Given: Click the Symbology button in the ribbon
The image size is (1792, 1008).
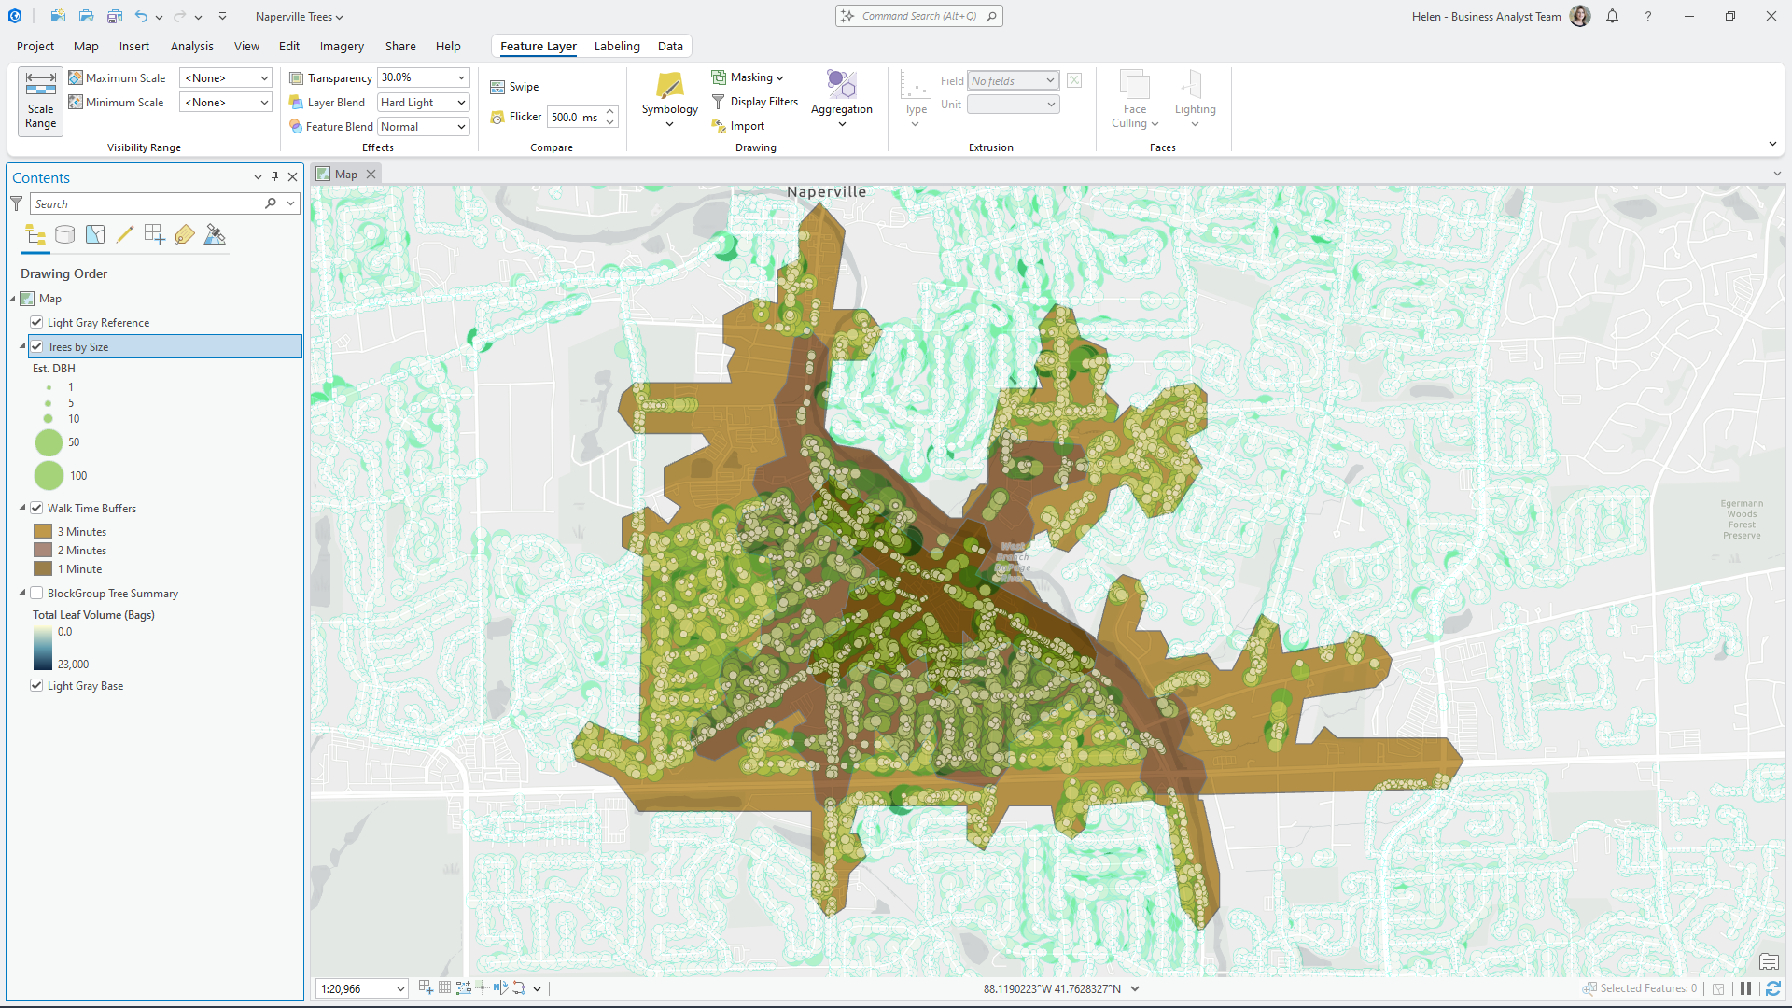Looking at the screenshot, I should [x=669, y=96].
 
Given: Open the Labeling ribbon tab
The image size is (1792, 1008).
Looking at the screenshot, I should [x=617, y=46].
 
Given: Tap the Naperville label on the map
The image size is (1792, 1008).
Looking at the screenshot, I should [x=826, y=192].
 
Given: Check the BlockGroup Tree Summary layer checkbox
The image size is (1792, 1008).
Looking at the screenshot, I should [x=36, y=594].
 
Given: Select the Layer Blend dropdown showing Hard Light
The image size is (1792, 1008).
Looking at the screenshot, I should [x=423, y=103].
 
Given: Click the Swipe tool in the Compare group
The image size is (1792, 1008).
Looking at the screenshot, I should [x=515, y=87].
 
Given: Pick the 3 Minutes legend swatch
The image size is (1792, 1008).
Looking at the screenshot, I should [x=43, y=532].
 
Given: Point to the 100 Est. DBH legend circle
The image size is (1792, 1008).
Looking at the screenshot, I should [x=49, y=476].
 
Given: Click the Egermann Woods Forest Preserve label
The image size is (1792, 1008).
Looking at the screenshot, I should [x=1742, y=519].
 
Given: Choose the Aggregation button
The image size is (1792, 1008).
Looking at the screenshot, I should [x=841, y=96].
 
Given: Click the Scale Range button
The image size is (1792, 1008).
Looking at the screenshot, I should [x=40, y=101].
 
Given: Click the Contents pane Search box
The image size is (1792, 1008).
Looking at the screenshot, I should [x=149, y=203].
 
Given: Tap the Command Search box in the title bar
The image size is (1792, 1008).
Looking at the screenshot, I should [x=918, y=16].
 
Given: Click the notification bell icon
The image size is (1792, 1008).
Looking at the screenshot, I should [x=1612, y=16].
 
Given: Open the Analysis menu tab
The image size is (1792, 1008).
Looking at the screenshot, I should [x=191, y=46].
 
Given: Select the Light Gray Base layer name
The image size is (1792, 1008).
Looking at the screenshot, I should [x=85, y=686].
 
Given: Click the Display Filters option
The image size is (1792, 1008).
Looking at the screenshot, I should [x=763, y=102].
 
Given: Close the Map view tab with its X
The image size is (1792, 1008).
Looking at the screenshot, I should [x=371, y=175].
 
